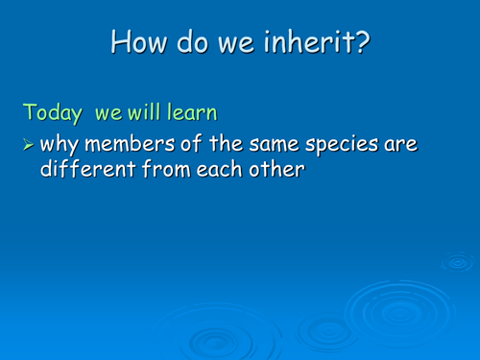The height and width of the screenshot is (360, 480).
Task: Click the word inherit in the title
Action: tap(316, 41)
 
